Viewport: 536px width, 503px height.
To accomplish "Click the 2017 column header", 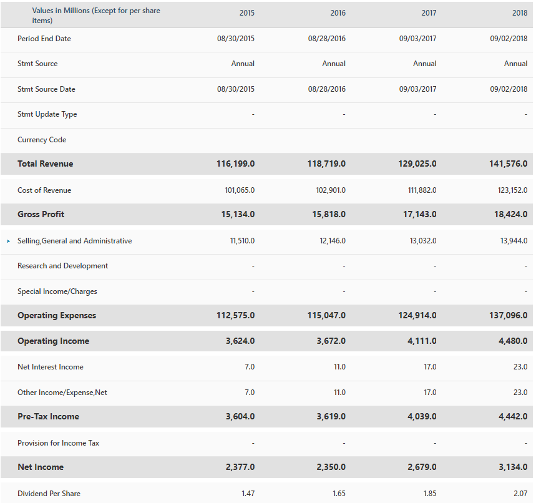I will click(x=429, y=13).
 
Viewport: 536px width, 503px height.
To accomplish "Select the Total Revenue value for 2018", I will click(x=508, y=164).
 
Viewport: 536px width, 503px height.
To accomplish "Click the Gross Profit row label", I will click(x=41, y=214).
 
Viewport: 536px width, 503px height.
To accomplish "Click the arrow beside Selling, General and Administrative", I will click(x=9, y=241).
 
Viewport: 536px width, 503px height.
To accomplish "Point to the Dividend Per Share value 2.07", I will click(x=520, y=493).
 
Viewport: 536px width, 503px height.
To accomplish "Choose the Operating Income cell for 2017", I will click(x=422, y=341).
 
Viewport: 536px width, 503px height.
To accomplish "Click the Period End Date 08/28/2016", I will click(x=326, y=39).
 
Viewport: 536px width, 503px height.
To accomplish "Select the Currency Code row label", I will click(x=42, y=140).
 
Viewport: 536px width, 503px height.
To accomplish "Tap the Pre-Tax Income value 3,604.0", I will click(x=240, y=416).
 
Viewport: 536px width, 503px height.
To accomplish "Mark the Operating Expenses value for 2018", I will click(x=508, y=315).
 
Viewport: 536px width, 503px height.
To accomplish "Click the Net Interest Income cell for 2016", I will click(x=339, y=367).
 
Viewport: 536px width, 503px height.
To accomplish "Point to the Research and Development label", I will click(x=62, y=266).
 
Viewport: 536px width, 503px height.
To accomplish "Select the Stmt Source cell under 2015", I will click(x=243, y=64).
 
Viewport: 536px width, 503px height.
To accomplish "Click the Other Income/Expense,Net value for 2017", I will click(x=430, y=393).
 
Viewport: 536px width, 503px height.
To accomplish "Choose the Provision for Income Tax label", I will click(x=58, y=443).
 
